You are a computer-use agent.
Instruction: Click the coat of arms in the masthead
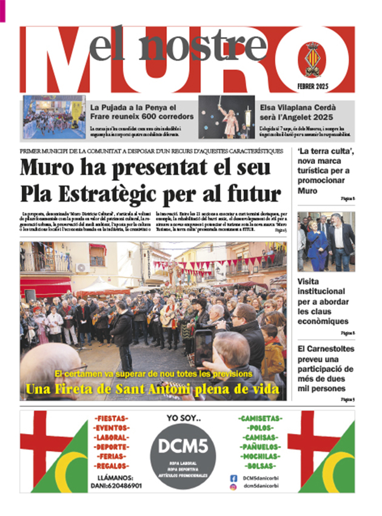pyautogui.click(x=313, y=59)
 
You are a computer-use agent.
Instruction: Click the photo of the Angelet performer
pyautogui.click(x=227, y=117)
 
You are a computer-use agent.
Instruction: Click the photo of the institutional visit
pyautogui.click(x=326, y=241)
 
